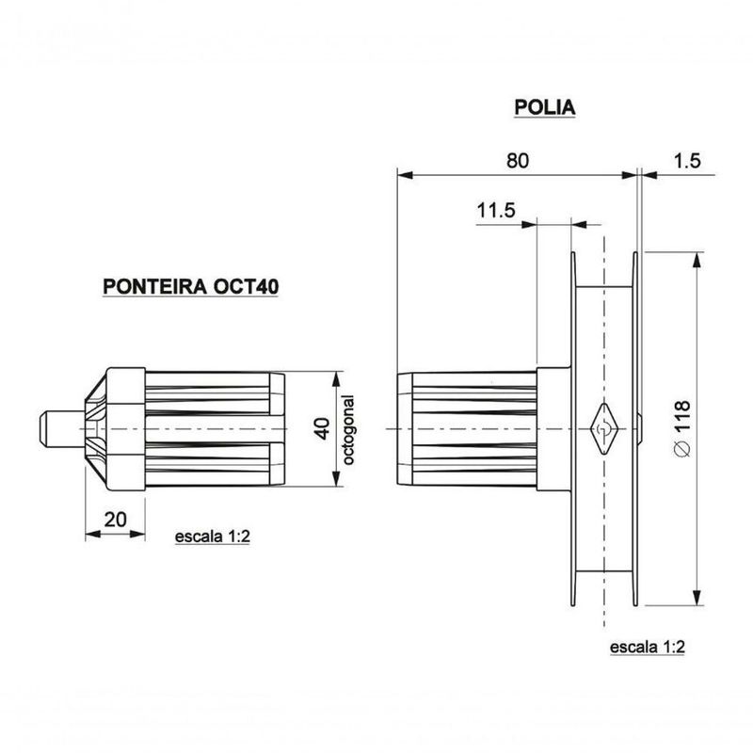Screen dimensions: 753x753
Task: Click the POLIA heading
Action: (544, 107)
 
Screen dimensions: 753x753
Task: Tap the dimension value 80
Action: (517, 160)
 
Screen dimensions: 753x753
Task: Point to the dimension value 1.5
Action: (687, 160)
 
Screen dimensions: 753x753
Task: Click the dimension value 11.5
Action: (495, 211)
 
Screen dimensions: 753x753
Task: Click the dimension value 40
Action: (321, 429)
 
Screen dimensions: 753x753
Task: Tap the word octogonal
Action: (347, 429)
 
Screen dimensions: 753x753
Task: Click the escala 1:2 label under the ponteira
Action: (212, 537)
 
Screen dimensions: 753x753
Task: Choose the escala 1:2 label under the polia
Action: (647, 649)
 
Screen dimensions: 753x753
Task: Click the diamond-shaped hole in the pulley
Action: (601, 429)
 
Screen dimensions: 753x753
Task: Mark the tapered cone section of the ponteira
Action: (95, 429)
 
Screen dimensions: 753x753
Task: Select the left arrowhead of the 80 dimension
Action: (404, 173)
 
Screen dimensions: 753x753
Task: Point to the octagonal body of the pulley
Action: (466, 429)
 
